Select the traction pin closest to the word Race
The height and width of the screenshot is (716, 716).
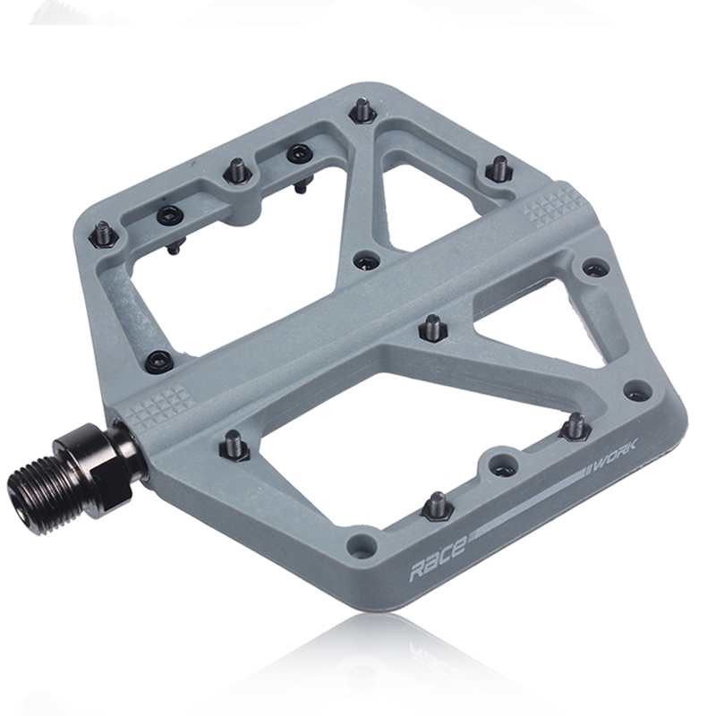pyautogui.click(x=436, y=505)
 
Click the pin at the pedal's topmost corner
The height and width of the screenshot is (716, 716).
pyautogui.click(x=362, y=111)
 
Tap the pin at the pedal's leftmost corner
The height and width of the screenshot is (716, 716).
pyautogui.click(x=102, y=234)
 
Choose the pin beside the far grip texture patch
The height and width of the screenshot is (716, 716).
pyautogui.click(x=498, y=167)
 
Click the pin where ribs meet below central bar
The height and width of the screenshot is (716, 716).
pyautogui.click(x=432, y=328)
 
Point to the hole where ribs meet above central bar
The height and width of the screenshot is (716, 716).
pyautogui.click(x=366, y=260)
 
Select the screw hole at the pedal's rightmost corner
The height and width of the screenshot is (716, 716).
pyautogui.click(x=636, y=391)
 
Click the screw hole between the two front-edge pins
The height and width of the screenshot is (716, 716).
pyautogui.click(x=503, y=467)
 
